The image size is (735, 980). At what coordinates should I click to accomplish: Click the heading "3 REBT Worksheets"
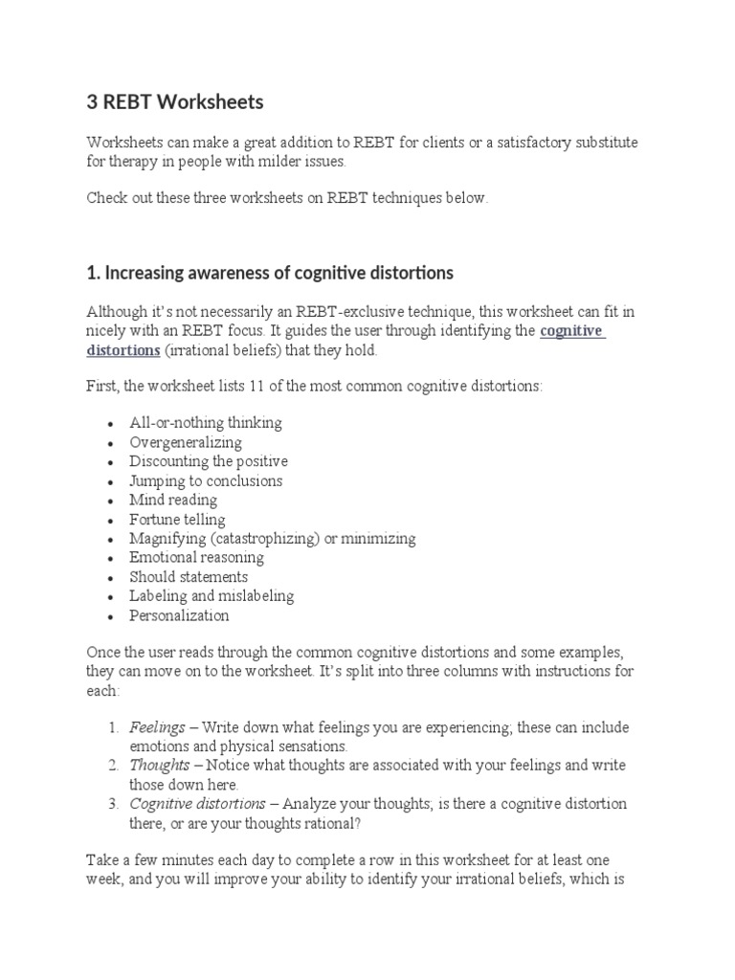tap(174, 101)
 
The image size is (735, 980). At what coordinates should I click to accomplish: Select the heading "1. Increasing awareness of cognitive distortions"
tap(270, 273)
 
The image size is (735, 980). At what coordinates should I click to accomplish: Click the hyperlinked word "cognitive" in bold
tap(572, 331)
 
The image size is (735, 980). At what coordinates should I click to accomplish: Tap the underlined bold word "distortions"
tap(123, 350)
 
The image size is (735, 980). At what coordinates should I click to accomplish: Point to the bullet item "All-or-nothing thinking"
tap(206, 423)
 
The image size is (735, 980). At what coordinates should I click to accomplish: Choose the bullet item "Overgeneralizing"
tap(186, 442)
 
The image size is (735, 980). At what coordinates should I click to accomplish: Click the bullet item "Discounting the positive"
tap(209, 461)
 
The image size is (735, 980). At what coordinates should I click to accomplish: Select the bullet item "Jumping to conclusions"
tap(206, 480)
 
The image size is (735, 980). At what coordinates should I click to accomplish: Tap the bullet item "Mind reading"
tap(173, 500)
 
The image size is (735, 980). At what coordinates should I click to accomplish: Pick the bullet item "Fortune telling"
tap(177, 520)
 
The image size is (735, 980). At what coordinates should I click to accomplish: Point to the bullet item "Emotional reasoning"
tap(196, 557)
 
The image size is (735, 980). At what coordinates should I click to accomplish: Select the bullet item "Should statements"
tap(189, 577)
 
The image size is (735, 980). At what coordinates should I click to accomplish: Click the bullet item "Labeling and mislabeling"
tap(212, 595)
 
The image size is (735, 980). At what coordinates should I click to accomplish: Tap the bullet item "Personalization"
tap(179, 615)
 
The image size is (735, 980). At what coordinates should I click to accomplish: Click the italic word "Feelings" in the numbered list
tap(157, 727)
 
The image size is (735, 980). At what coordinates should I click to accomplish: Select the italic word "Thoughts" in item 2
tap(160, 766)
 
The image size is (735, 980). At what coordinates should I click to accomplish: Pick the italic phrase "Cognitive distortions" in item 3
tap(196, 804)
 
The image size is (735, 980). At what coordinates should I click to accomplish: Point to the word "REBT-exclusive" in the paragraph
tap(334, 312)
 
